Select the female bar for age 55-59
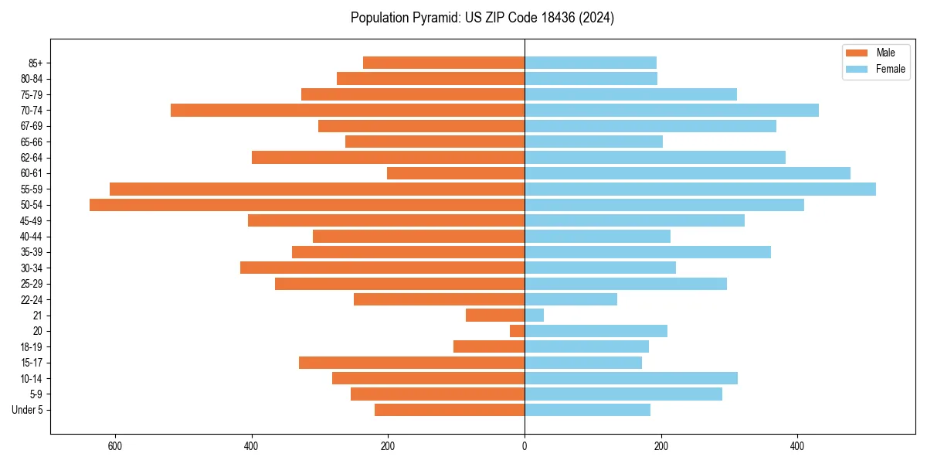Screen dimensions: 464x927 (x=700, y=189)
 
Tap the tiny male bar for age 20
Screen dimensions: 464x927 (x=518, y=331)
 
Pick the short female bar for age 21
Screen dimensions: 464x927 (x=535, y=315)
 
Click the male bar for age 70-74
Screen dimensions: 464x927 (x=348, y=110)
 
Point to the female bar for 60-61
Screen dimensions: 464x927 (x=688, y=173)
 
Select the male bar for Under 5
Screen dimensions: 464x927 (x=450, y=410)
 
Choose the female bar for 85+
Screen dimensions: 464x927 (x=591, y=63)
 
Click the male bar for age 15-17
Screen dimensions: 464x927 (x=412, y=363)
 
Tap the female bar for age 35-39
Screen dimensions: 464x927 (x=647, y=252)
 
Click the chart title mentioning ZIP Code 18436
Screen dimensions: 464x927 (x=482, y=18)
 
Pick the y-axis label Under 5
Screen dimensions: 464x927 (x=28, y=410)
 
